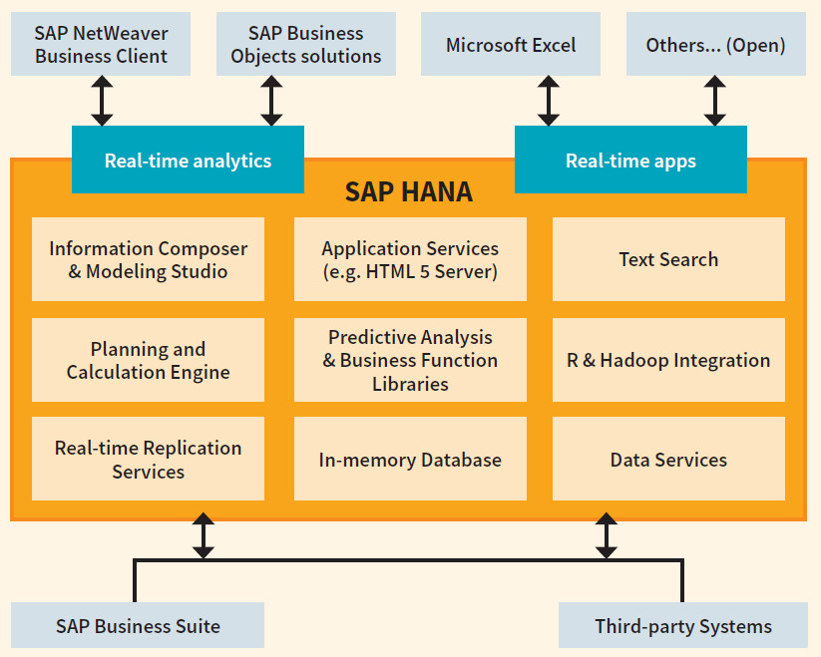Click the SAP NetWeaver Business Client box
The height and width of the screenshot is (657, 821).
coord(102,45)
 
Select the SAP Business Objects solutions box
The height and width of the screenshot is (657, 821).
coord(305,45)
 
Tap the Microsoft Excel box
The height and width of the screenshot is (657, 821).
coord(511,45)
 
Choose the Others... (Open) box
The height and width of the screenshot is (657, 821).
coord(715,45)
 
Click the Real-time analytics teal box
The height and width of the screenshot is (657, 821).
coord(188,160)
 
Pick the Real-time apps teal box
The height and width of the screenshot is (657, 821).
coord(630,160)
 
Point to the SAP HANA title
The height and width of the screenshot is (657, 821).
coord(409,191)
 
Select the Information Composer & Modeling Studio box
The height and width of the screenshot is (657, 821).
coord(148,259)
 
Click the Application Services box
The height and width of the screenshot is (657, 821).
coord(410,259)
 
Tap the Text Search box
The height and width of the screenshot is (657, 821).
coord(668,259)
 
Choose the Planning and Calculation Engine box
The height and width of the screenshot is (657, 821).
coord(148,360)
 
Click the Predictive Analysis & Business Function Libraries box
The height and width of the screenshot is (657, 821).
coord(410,360)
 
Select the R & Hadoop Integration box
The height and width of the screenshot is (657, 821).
coord(668,360)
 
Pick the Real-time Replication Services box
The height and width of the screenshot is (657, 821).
coord(148,459)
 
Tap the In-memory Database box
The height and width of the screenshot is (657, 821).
coord(410,459)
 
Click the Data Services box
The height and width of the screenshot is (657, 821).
coord(668,459)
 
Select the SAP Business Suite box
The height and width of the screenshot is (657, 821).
coord(138,626)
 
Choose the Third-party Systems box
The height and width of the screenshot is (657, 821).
coord(683,626)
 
